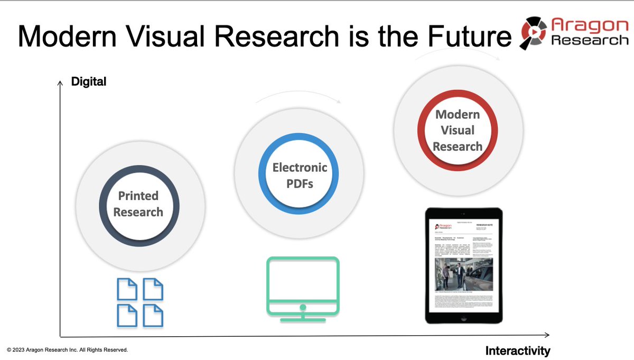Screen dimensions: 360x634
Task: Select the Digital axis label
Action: click(89, 82)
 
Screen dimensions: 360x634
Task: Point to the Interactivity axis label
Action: click(517, 350)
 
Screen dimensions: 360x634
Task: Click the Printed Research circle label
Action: click(138, 204)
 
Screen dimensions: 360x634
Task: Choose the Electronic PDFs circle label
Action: click(300, 176)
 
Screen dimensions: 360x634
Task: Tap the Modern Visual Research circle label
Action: click(458, 131)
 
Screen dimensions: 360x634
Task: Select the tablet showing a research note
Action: click(461, 266)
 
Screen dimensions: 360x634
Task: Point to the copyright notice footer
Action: click(67, 350)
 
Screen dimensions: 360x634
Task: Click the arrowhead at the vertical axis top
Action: click(60, 81)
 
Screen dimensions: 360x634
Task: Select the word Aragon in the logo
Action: click(586, 25)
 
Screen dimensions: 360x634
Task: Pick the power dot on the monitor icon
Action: click(302, 307)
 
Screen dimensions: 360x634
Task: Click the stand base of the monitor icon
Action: click(302, 319)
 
